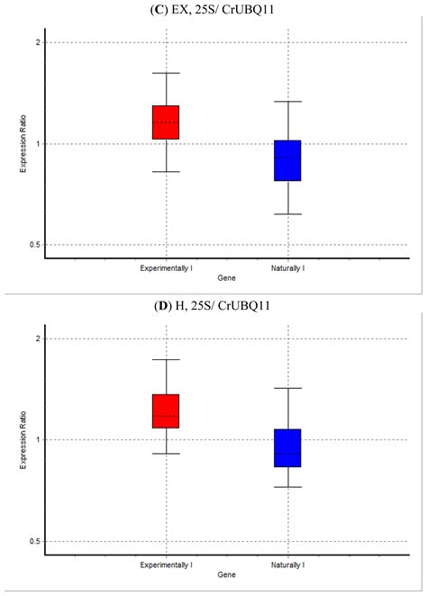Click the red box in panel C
(x=166, y=122)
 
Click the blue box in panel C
(x=287, y=160)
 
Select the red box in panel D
(x=166, y=411)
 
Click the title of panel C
(x=213, y=10)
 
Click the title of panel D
(x=213, y=307)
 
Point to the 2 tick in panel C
(x=37, y=43)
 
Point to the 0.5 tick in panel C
(x=33, y=245)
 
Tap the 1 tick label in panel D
(x=37, y=440)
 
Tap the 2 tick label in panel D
(x=37, y=339)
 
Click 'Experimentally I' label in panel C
(x=166, y=268)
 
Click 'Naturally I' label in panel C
(x=287, y=268)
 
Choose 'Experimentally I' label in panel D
(x=166, y=564)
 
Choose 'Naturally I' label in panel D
(x=287, y=564)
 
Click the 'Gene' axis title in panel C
(x=226, y=280)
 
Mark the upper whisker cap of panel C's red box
(x=166, y=73)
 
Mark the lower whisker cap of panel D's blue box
(x=287, y=487)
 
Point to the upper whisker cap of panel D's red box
(x=166, y=359)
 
